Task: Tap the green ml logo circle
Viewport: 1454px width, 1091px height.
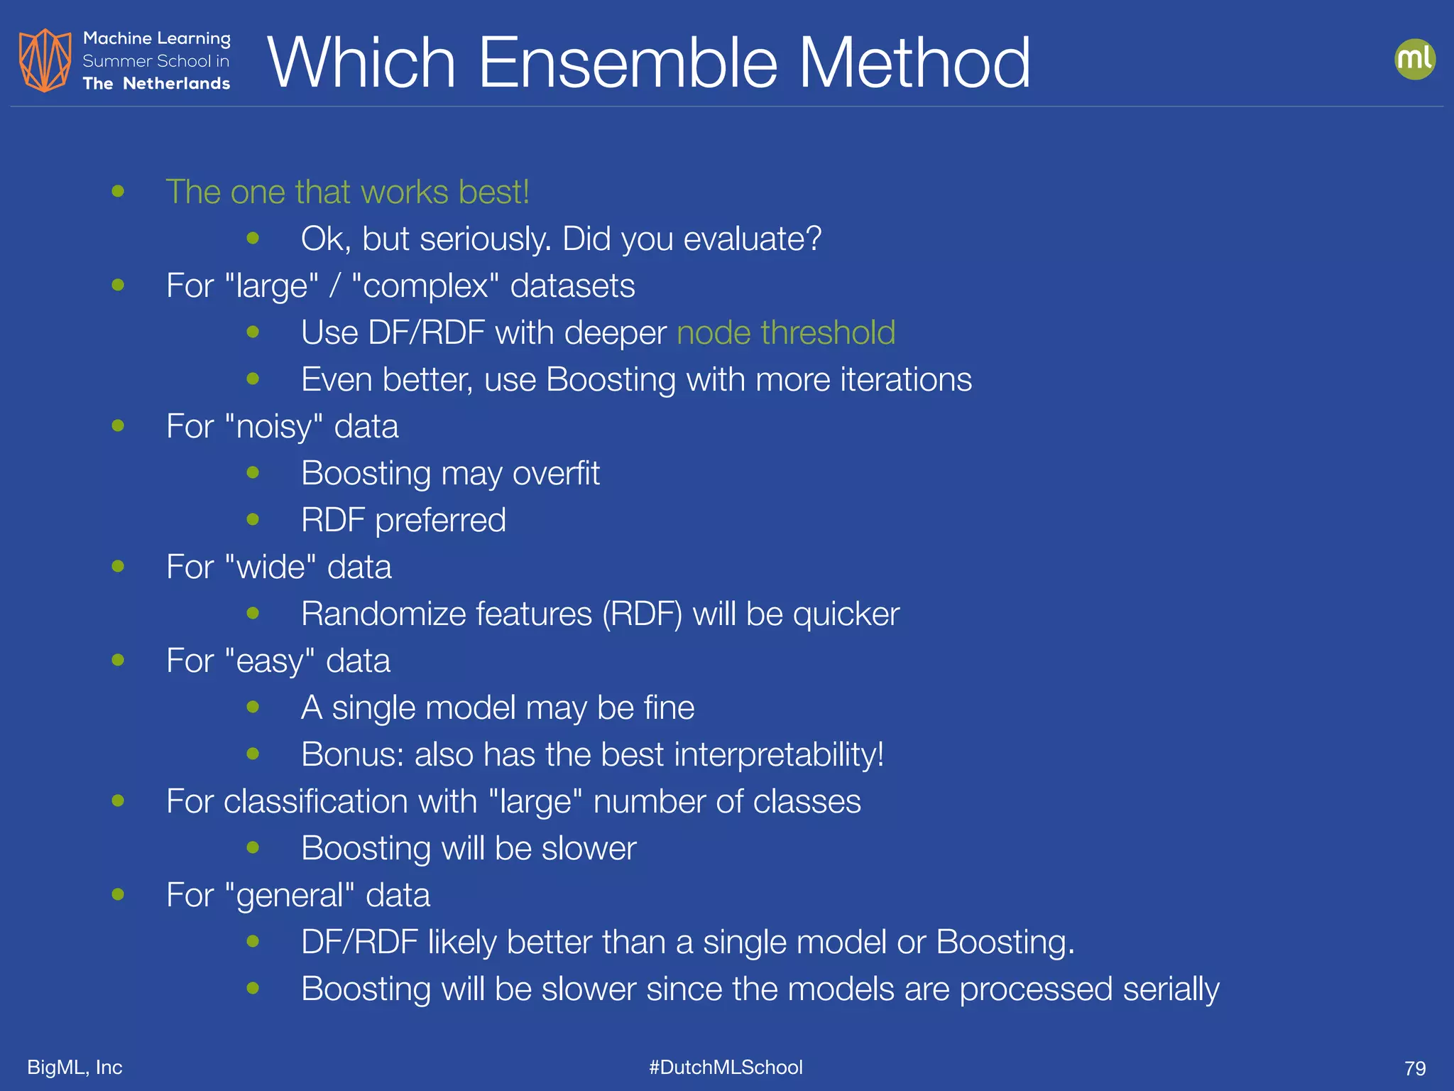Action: click(x=1414, y=59)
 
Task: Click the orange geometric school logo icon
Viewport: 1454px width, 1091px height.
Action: click(x=45, y=60)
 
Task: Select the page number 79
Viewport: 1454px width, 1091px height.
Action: click(x=1414, y=1068)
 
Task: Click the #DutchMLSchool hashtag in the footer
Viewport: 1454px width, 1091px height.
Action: click(x=726, y=1067)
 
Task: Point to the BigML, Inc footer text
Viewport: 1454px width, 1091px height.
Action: click(x=75, y=1067)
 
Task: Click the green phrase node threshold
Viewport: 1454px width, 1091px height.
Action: click(x=786, y=332)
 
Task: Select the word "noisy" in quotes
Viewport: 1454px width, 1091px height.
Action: click(x=274, y=427)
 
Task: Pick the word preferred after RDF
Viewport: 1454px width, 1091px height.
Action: click(x=440, y=521)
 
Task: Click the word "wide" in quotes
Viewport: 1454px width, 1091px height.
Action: click(x=270, y=568)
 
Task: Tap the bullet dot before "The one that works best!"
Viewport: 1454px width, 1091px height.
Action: click(x=118, y=191)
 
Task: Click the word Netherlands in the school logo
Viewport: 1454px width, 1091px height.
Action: click(x=176, y=84)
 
